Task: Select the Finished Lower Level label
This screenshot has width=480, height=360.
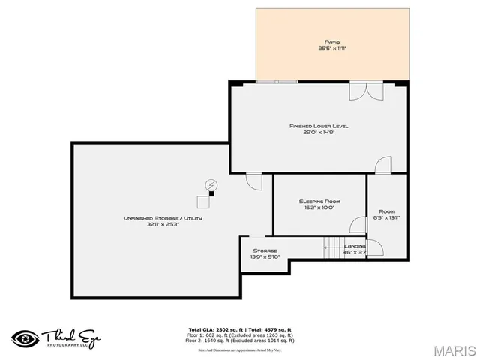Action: click(x=319, y=126)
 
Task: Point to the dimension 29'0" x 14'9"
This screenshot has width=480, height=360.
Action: click(x=319, y=133)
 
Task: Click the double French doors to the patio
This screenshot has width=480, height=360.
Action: click(x=367, y=89)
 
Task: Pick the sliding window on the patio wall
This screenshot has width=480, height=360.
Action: click(x=276, y=81)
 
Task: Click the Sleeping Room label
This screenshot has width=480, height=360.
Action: click(x=319, y=201)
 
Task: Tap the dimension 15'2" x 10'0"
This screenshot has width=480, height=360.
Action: click(x=319, y=208)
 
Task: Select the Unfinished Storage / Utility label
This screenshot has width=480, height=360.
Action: click(x=163, y=218)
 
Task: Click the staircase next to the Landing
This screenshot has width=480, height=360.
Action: click(x=331, y=247)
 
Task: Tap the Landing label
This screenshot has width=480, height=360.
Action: click(x=355, y=246)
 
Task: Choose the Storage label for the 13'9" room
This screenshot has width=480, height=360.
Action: click(x=265, y=250)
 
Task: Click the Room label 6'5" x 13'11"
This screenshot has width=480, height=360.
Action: click(x=386, y=211)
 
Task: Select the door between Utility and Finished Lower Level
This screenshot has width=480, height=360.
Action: click(x=253, y=181)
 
